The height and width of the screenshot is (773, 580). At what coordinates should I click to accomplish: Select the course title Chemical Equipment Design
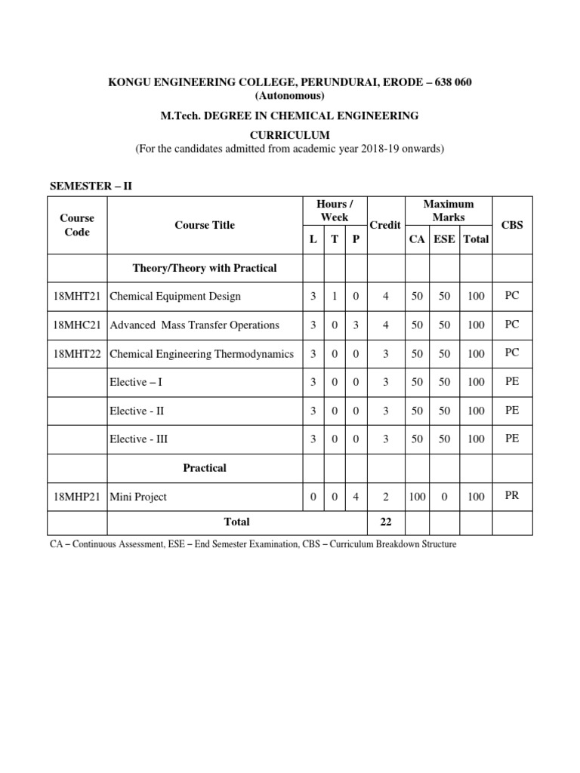tap(175, 296)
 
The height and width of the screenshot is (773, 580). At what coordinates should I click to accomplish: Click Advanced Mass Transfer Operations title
tap(195, 325)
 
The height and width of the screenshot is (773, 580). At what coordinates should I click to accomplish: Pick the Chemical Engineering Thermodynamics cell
tap(202, 353)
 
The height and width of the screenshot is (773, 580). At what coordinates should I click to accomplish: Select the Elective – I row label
tap(136, 382)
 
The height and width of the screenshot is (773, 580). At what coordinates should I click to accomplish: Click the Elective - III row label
tap(139, 439)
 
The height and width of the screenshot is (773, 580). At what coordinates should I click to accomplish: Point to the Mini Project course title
tap(138, 497)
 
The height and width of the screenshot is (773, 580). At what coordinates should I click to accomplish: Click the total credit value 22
tap(385, 522)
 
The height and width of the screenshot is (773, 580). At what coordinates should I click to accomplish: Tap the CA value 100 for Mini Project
tap(417, 497)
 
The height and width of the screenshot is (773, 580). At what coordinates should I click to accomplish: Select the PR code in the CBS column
tap(512, 496)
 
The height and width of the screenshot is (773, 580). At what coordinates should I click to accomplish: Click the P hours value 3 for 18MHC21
tap(356, 325)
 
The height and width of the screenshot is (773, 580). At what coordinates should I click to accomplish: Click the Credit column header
tap(385, 226)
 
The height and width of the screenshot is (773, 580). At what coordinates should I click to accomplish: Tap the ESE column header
tap(443, 239)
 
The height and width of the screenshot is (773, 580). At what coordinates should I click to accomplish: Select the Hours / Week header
tap(334, 211)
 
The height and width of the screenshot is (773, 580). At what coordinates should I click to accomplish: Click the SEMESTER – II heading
tap(91, 186)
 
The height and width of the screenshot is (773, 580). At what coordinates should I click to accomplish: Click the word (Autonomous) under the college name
tap(289, 96)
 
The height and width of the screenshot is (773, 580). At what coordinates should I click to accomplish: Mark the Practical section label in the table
tap(205, 468)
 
